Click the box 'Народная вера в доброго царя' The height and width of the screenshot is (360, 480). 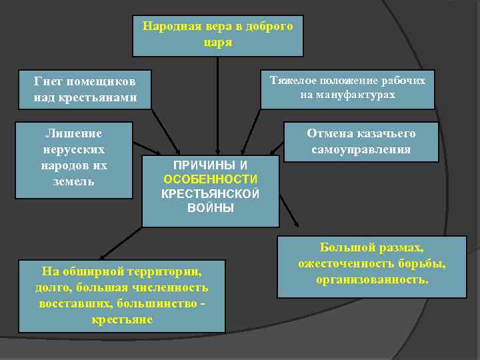pos(218,35)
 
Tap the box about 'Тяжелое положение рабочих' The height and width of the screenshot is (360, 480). pos(347,89)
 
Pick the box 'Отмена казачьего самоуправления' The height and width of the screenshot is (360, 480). pos(361,141)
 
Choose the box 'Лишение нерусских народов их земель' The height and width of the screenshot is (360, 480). pos(73,159)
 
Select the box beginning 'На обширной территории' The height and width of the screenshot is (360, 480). pos(121,295)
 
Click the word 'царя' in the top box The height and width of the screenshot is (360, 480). pos(218,42)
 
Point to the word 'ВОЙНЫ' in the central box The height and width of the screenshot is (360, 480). pos(211,209)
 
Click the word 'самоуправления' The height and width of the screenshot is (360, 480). pos(361,149)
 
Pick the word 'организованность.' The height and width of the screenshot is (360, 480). pos(372,279)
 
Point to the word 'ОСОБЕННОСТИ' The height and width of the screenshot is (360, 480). pos(211,179)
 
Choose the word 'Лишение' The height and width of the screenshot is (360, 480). pos(73,133)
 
